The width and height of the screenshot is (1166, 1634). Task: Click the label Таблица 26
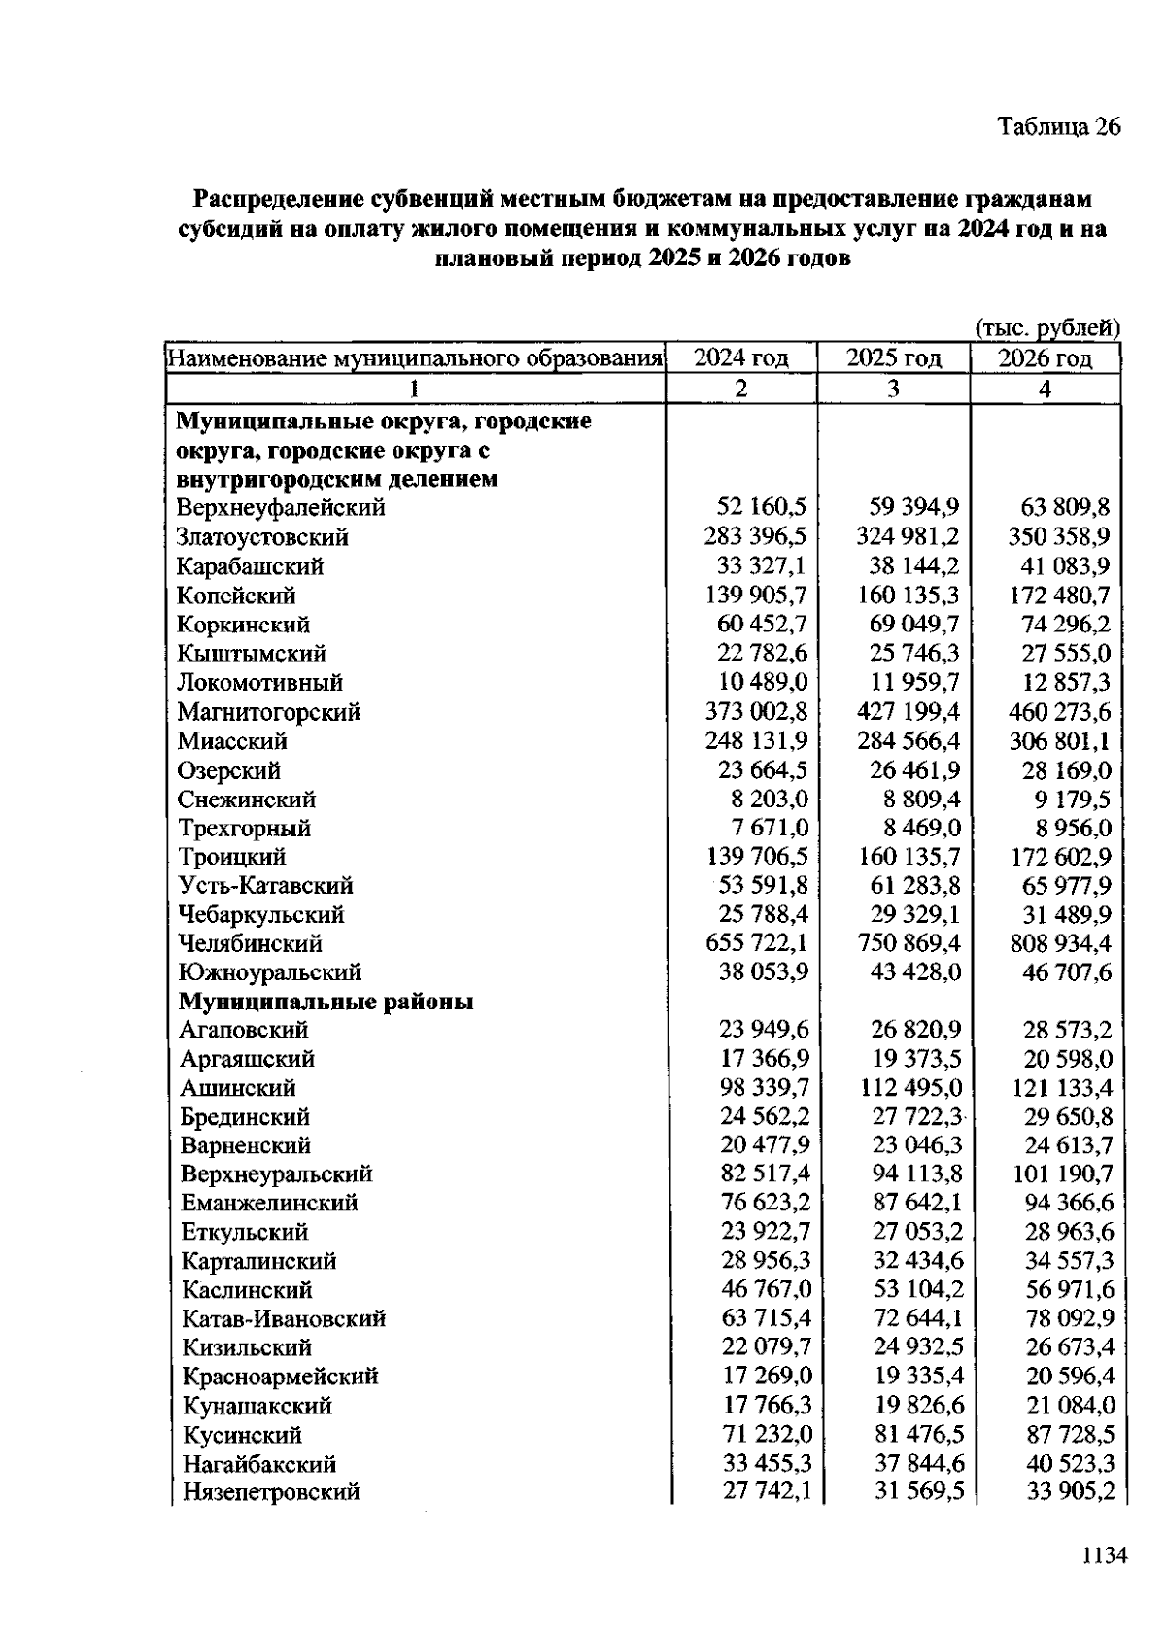click(1058, 127)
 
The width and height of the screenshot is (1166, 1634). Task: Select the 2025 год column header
click(893, 358)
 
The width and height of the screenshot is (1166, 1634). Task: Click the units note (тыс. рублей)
click(1047, 329)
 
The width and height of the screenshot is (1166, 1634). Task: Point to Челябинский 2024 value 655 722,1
click(756, 943)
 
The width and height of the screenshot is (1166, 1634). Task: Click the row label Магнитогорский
click(268, 712)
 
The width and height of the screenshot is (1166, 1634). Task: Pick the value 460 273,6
click(1059, 712)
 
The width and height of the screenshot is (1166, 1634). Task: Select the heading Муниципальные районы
click(326, 1002)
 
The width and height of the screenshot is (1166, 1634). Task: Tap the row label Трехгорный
click(244, 829)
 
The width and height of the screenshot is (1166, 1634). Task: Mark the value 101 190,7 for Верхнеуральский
click(1063, 1174)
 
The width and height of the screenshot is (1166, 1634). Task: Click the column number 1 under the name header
click(414, 389)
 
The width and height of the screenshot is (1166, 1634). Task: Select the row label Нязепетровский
click(271, 1492)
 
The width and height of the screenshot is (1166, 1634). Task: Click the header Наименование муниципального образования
click(415, 358)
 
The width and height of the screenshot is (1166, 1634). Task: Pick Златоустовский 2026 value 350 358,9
click(1059, 537)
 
